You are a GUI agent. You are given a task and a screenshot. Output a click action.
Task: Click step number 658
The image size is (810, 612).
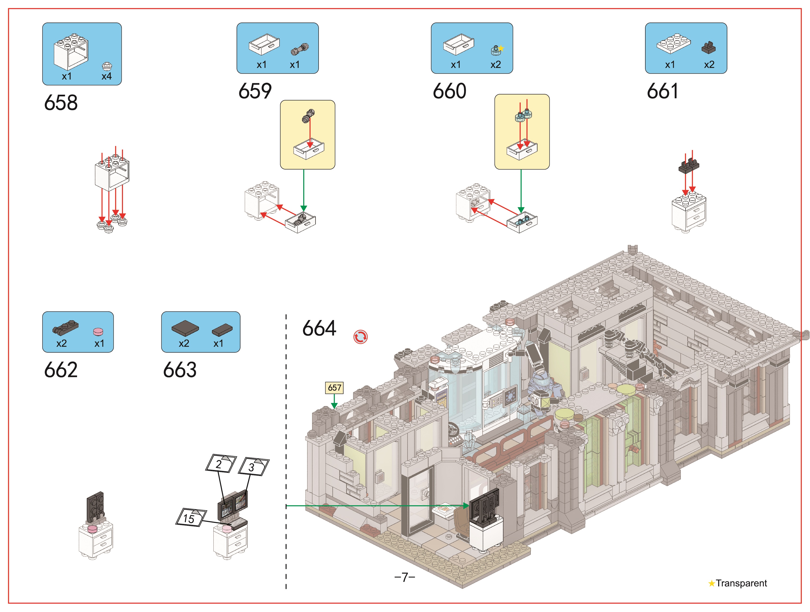point(61,103)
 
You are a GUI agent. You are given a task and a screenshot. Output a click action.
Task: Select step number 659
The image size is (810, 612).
point(255,91)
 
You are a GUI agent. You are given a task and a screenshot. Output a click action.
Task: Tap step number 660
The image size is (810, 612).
point(450,91)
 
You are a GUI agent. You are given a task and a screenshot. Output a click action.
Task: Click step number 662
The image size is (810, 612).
point(61,370)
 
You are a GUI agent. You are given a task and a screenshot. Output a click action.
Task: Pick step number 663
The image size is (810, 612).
point(180,370)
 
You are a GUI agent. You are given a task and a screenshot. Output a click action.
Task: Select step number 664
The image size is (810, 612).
point(319,328)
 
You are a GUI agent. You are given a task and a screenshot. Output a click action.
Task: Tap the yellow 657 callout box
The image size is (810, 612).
point(334,387)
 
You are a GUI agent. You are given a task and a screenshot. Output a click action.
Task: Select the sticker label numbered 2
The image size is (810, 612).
point(221,463)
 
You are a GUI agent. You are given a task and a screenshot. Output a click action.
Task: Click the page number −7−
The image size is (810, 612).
point(405,577)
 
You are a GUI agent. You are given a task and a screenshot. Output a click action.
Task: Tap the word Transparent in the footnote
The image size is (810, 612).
point(741,583)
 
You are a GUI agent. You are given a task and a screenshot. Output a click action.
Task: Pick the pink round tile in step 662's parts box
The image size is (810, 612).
point(98,332)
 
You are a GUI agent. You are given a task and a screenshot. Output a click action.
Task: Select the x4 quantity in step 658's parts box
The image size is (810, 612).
point(107,76)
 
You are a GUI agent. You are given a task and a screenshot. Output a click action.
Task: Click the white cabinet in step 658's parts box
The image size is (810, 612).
point(71,51)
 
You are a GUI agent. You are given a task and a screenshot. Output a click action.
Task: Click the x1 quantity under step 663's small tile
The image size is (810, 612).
point(218,344)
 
